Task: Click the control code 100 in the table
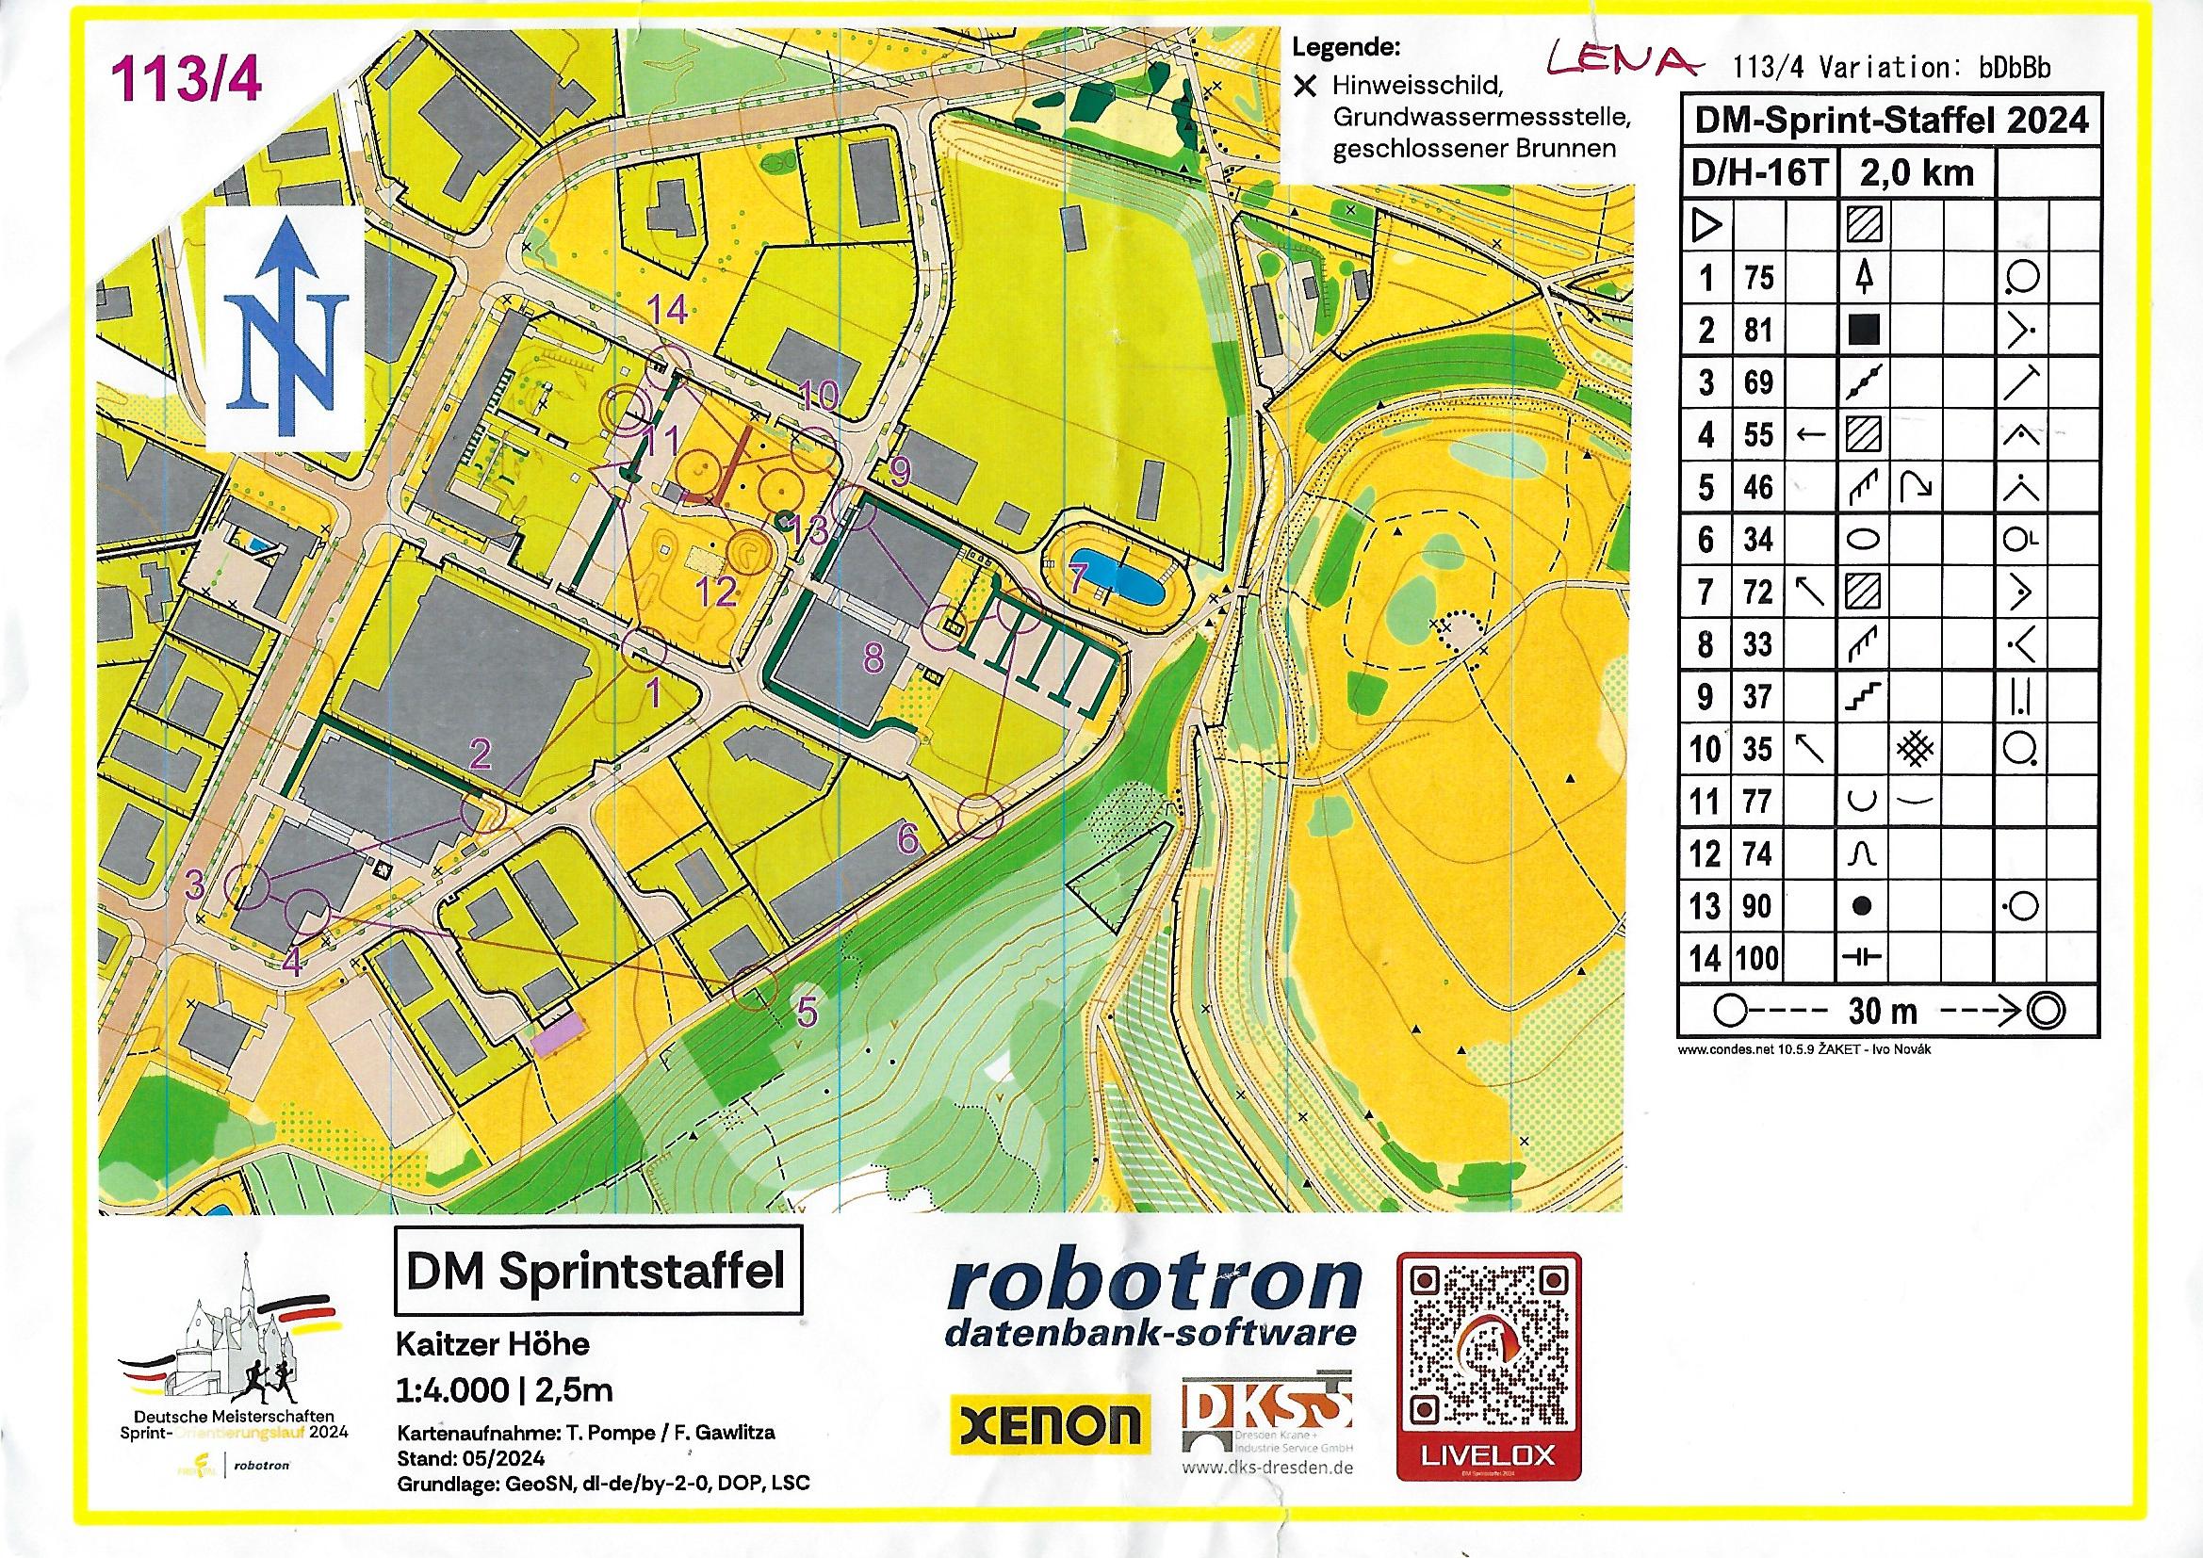tap(1758, 958)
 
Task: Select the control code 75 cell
tap(1758, 279)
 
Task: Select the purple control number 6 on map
tap(907, 838)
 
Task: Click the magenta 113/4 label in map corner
tap(188, 76)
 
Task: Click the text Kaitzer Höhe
tap(493, 1344)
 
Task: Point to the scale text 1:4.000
tap(443, 1390)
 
